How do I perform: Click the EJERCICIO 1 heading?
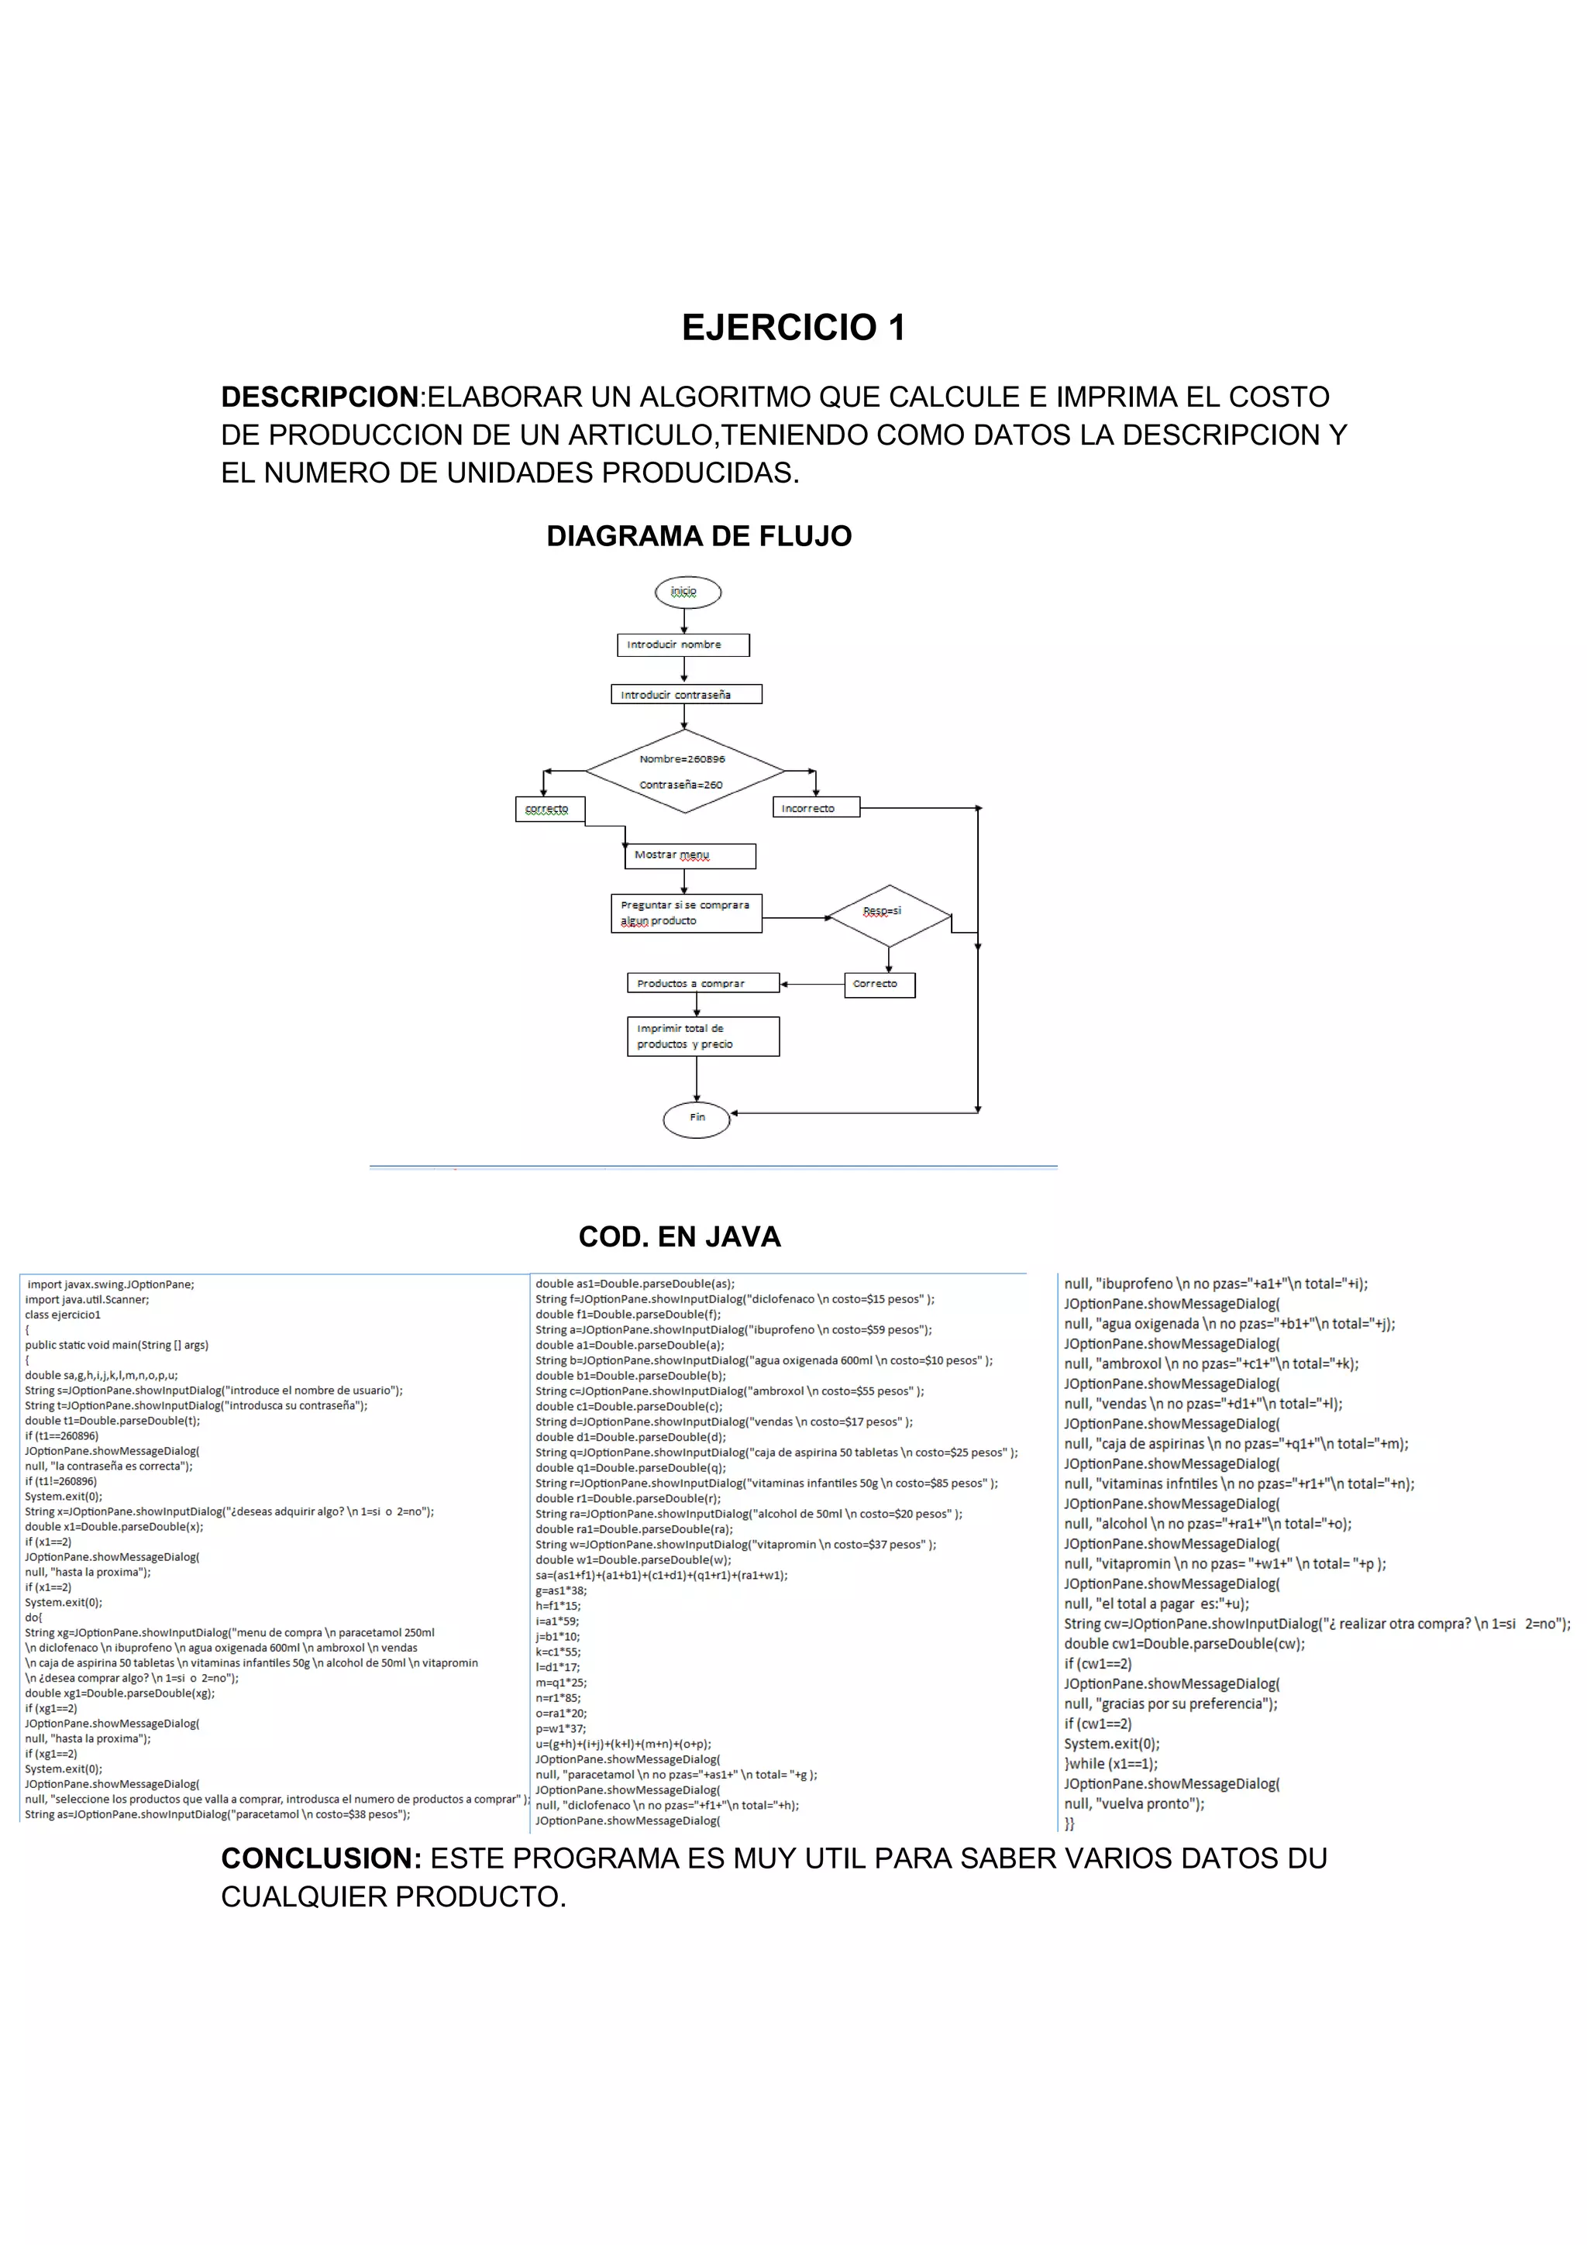(x=793, y=328)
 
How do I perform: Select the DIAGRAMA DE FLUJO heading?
(x=698, y=536)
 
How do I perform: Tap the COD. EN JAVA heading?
(x=680, y=1237)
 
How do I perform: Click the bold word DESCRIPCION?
(x=320, y=397)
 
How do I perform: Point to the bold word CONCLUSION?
(x=321, y=1858)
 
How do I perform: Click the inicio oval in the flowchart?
(x=687, y=593)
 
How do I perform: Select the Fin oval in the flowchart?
(x=696, y=1118)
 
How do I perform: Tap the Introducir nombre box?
(x=683, y=645)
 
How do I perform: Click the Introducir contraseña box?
(x=686, y=694)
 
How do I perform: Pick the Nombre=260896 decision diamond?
(x=684, y=772)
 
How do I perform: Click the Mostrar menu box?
(x=690, y=855)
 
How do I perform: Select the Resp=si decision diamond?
(x=888, y=916)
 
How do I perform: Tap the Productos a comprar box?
(x=702, y=983)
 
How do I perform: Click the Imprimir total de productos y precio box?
(x=702, y=1037)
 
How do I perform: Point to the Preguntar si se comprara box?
(x=686, y=913)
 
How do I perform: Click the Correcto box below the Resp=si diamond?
(x=879, y=985)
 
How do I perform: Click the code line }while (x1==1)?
(x=1110, y=1763)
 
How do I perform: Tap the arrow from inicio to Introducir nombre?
(x=683, y=621)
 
